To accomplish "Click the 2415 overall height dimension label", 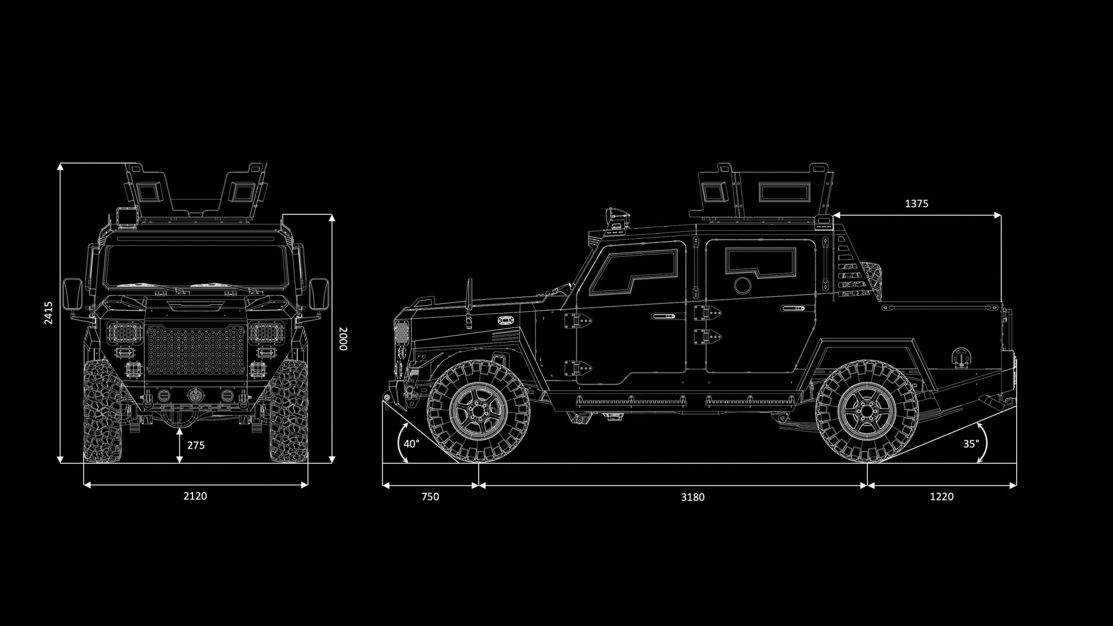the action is (49, 312).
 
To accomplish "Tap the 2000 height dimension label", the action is (343, 339).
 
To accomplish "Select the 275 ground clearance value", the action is (196, 445).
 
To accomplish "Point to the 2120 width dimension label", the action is (195, 496).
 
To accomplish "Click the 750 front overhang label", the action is (430, 496).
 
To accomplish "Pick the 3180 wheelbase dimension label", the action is (693, 497).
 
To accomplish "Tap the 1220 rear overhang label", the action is (941, 496).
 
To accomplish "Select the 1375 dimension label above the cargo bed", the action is (916, 203).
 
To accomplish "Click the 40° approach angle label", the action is (412, 444).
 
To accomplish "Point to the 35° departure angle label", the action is (971, 443).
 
